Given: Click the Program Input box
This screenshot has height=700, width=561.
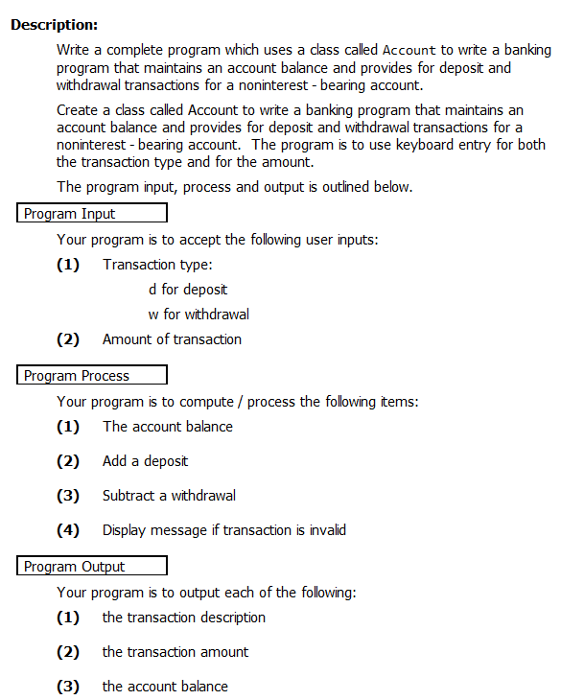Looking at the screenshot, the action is [92, 213].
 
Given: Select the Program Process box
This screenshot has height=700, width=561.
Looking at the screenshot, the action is [92, 375].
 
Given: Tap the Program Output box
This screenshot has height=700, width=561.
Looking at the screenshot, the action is [92, 566].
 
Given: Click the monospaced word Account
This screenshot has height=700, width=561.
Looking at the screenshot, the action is [409, 50].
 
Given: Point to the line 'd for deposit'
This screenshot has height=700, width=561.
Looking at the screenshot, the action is [188, 289].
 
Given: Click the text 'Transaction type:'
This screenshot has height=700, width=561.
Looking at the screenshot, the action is [157, 264].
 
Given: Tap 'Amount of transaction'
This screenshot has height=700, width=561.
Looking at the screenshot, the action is [172, 338].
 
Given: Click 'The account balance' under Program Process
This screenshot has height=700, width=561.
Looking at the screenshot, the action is [168, 426].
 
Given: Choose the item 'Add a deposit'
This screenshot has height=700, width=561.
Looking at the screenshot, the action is [145, 461].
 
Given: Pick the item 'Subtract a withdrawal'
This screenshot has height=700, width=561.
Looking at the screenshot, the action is [169, 496].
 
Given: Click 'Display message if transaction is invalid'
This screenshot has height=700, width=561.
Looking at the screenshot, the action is [224, 529].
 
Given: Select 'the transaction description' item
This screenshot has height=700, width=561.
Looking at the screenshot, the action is [184, 617].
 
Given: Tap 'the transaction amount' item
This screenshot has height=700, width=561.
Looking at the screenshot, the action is [175, 651].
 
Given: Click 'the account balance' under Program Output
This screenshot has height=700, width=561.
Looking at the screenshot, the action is [165, 686].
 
